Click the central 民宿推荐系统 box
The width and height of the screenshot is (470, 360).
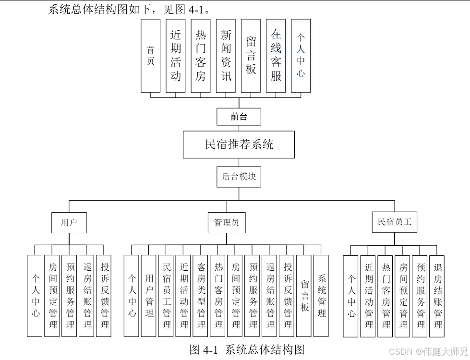[x=239, y=144]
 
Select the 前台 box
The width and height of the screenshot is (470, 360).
[x=239, y=117]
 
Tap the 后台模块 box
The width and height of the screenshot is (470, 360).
[x=239, y=177]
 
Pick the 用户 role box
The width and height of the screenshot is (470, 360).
[x=69, y=223]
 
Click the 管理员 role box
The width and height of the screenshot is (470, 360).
[x=227, y=223]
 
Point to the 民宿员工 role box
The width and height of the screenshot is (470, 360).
[x=395, y=222]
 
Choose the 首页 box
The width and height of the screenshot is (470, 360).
[x=150, y=56]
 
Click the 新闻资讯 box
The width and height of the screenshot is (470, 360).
[x=226, y=56]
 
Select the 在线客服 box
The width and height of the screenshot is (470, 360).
[x=276, y=56]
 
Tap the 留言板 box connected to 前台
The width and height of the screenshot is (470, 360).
[x=251, y=56]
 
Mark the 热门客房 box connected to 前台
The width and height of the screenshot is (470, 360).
[x=201, y=56]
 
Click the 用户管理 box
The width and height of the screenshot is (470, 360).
[x=149, y=296]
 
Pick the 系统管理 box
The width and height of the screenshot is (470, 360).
[x=321, y=296]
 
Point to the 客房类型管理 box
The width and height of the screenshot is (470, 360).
[x=201, y=296]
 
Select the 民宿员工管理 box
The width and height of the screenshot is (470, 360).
[x=166, y=296]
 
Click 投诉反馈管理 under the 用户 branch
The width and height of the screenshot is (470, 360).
[x=104, y=296]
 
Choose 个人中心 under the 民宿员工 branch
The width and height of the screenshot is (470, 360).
[x=351, y=296]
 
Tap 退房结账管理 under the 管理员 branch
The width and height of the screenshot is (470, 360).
[x=269, y=296]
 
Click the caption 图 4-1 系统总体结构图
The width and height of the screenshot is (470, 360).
[x=247, y=349]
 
